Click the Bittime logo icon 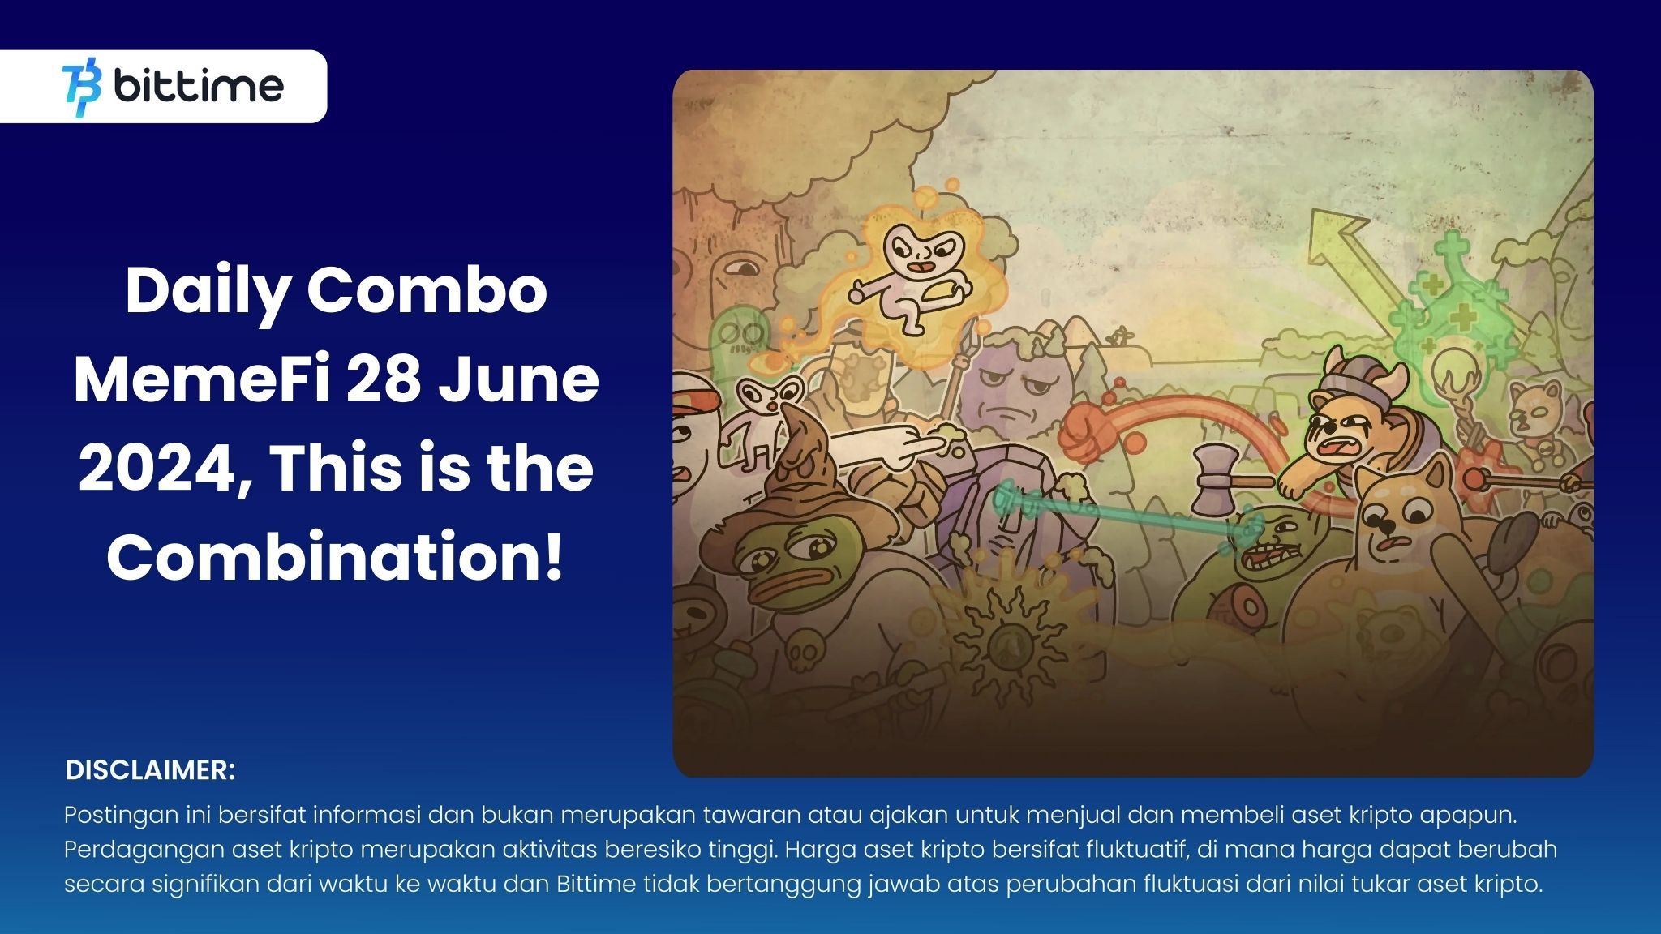(x=82, y=86)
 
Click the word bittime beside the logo (x=199, y=86)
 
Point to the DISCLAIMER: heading (x=150, y=770)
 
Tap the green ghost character (x=739, y=341)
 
